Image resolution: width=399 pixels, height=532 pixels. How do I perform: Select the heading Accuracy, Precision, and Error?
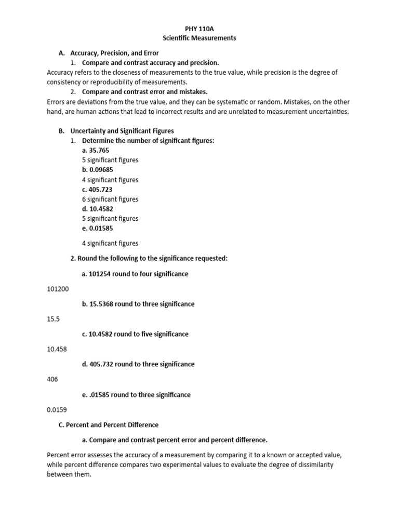pos(114,53)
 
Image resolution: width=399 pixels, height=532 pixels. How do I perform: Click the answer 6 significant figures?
pos(110,199)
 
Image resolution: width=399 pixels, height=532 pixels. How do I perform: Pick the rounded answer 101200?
pos(58,289)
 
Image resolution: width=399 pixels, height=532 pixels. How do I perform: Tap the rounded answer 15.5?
pos(53,319)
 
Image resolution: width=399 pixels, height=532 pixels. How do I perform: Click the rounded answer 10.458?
pos(57,349)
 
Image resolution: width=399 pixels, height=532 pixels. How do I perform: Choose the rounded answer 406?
pos(52,379)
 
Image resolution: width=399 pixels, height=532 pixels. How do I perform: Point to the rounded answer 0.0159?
pos(57,410)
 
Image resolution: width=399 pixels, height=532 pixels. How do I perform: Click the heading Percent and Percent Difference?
pos(112,425)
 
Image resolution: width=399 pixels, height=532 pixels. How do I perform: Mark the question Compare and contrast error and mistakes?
pos(144,92)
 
